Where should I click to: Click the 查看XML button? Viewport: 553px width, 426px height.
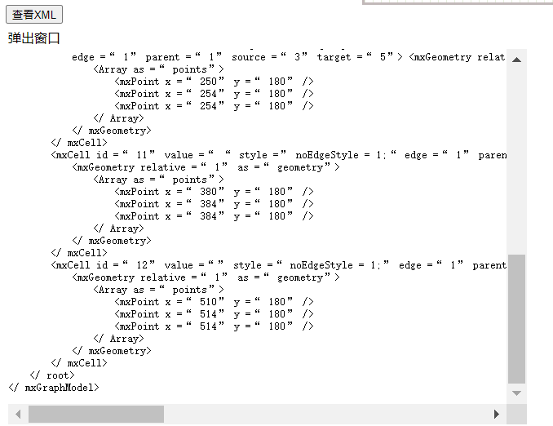(x=33, y=15)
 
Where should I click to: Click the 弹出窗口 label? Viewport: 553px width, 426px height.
(x=34, y=38)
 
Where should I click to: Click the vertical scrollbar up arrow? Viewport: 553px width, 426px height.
(x=516, y=60)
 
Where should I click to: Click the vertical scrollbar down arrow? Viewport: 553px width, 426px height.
(x=516, y=393)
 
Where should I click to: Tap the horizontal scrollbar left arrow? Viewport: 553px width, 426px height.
(x=18, y=415)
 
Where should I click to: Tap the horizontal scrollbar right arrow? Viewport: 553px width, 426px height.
(x=497, y=415)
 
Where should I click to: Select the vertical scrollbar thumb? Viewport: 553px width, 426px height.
(x=516, y=318)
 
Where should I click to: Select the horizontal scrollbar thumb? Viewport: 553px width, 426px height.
(x=96, y=415)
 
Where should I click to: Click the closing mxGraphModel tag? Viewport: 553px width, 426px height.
(x=54, y=388)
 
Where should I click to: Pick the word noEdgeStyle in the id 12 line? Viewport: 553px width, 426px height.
(x=321, y=265)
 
